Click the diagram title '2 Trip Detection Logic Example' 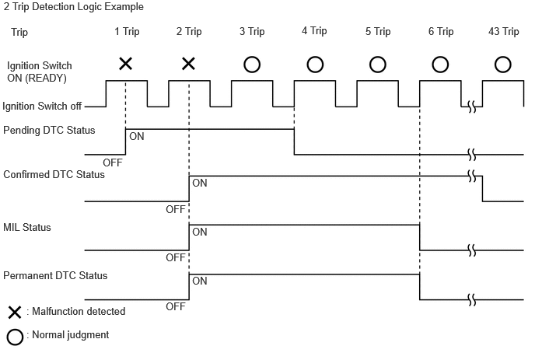click(x=73, y=7)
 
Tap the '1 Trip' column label click(x=127, y=31)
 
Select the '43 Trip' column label click(x=504, y=31)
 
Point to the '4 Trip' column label click(x=314, y=30)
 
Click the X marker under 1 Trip click(x=125, y=64)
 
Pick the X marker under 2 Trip click(x=188, y=64)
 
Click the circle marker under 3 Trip click(x=252, y=65)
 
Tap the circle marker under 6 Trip click(x=440, y=65)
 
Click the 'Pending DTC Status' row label click(x=49, y=131)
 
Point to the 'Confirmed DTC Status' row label click(x=54, y=174)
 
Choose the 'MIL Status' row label click(x=27, y=227)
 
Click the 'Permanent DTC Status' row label click(x=55, y=275)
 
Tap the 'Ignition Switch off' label click(x=42, y=106)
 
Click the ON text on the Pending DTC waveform click(x=137, y=137)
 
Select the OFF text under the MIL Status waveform click(x=176, y=257)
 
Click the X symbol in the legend click(x=15, y=313)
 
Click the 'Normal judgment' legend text click(x=71, y=335)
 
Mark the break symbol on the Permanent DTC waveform click(x=472, y=300)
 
